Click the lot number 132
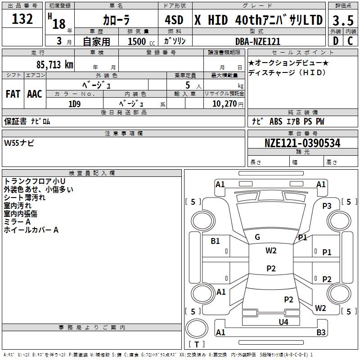22,19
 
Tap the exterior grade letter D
335,40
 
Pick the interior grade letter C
350,40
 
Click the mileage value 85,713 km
54,64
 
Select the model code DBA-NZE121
258,41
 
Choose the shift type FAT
13,94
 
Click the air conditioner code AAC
35,94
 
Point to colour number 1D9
74,103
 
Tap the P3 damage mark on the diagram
327,206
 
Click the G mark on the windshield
257,237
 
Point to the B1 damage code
216,241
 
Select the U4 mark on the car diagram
283,322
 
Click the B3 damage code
321,333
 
